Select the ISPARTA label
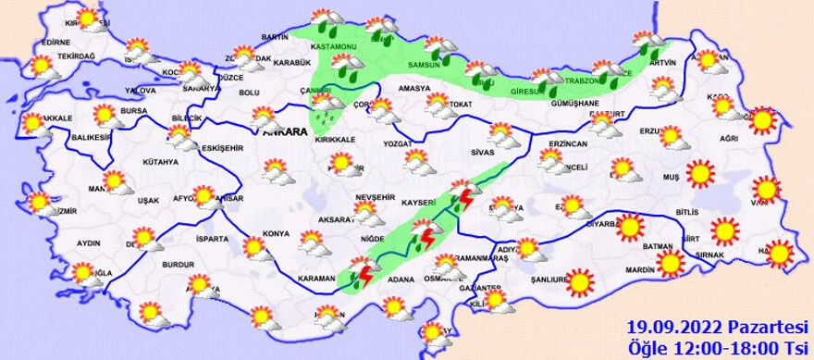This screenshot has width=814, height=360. click(x=212, y=239)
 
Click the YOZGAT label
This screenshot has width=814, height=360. click(x=401, y=144)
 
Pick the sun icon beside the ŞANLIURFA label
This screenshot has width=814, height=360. click(x=580, y=281)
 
